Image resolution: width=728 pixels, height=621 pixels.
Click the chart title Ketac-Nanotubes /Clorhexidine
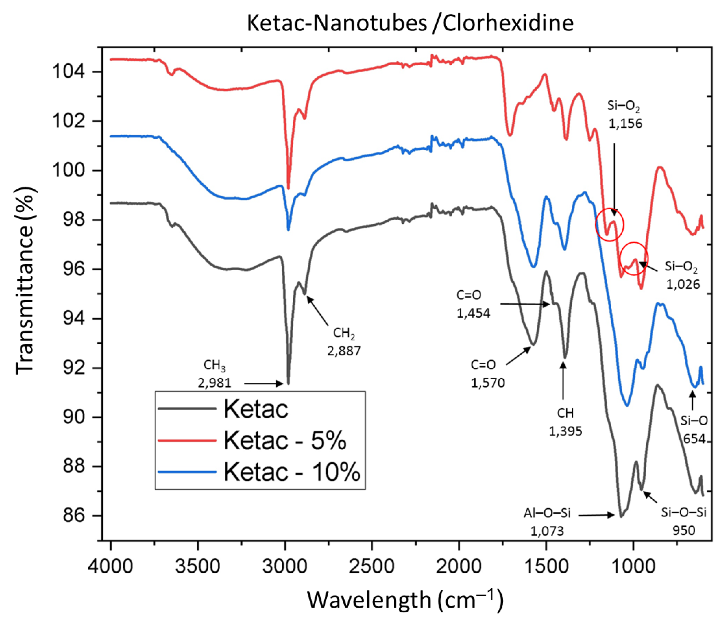(x=410, y=23)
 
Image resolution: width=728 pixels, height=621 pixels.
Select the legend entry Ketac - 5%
(x=284, y=440)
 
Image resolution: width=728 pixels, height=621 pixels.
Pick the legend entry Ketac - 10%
(x=292, y=472)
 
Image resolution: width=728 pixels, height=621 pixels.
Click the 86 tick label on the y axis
(x=74, y=516)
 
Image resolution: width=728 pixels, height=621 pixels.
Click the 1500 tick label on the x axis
(x=546, y=567)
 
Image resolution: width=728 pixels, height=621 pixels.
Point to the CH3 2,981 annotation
(x=214, y=374)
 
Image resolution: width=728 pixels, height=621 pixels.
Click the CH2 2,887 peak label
(x=344, y=342)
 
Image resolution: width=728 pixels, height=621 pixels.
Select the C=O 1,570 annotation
(x=487, y=374)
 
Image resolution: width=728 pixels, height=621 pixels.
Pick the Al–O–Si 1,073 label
(x=547, y=522)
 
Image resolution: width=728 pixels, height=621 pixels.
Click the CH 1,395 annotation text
(x=565, y=422)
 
